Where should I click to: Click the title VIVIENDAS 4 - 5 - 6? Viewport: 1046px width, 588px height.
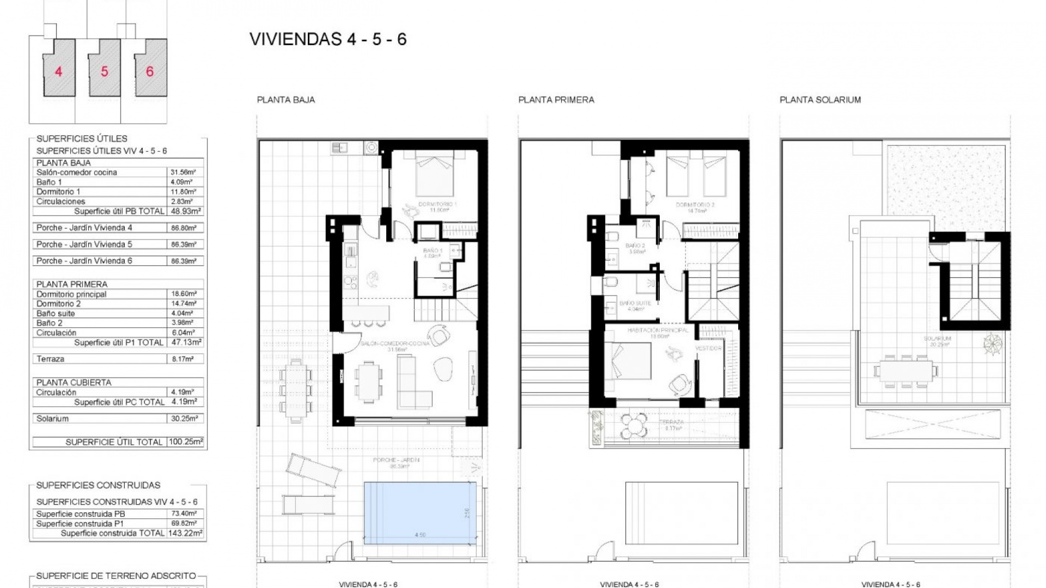[x=328, y=39]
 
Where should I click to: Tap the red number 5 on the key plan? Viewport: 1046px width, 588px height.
[x=104, y=71]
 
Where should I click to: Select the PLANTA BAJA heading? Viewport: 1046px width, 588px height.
[x=285, y=100]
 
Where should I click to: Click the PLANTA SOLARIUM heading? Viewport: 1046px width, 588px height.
[x=820, y=100]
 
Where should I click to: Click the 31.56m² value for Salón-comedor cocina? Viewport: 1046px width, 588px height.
[x=183, y=172]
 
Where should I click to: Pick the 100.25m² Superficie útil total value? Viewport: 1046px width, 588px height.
[x=185, y=442]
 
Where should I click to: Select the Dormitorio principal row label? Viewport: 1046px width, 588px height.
[x=71, y=294]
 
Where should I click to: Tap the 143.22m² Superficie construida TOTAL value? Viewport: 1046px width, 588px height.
[x=185, y=533]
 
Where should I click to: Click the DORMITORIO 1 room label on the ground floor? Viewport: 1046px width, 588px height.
[x=437, y=204]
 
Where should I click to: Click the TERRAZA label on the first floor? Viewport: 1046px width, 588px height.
[x=671, y=422]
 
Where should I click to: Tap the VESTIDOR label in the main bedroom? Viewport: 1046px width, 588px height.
[x=708, y=348]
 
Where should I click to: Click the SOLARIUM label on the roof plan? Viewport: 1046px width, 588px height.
[x=937, y=339]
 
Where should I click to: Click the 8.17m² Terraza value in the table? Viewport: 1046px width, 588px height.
[x=183, y=359]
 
